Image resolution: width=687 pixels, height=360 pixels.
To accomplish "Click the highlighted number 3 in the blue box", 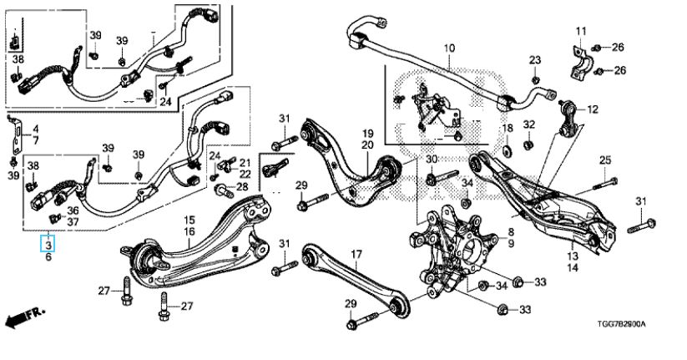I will (x=48, y=245).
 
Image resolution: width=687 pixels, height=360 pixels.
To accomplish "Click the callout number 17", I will (x=356, y=254).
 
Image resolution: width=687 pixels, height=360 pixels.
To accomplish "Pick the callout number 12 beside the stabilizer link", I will (x=594, y=109).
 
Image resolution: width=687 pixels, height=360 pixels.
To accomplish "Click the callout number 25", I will (x=606, y=160).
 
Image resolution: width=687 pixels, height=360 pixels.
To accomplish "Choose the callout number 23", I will (x=534, y=59).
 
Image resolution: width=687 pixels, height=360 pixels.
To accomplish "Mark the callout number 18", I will (x=508, y=127).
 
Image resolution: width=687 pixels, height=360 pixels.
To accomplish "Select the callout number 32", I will (x=528, y=125).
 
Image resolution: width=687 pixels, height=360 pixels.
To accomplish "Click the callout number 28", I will (x=242, y=186).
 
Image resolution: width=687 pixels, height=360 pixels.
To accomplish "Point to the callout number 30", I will (x=432, y=160).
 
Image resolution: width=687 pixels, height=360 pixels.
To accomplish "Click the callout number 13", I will (x=573, y=256).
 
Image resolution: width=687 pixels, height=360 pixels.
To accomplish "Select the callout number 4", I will (x=36, y=129).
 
